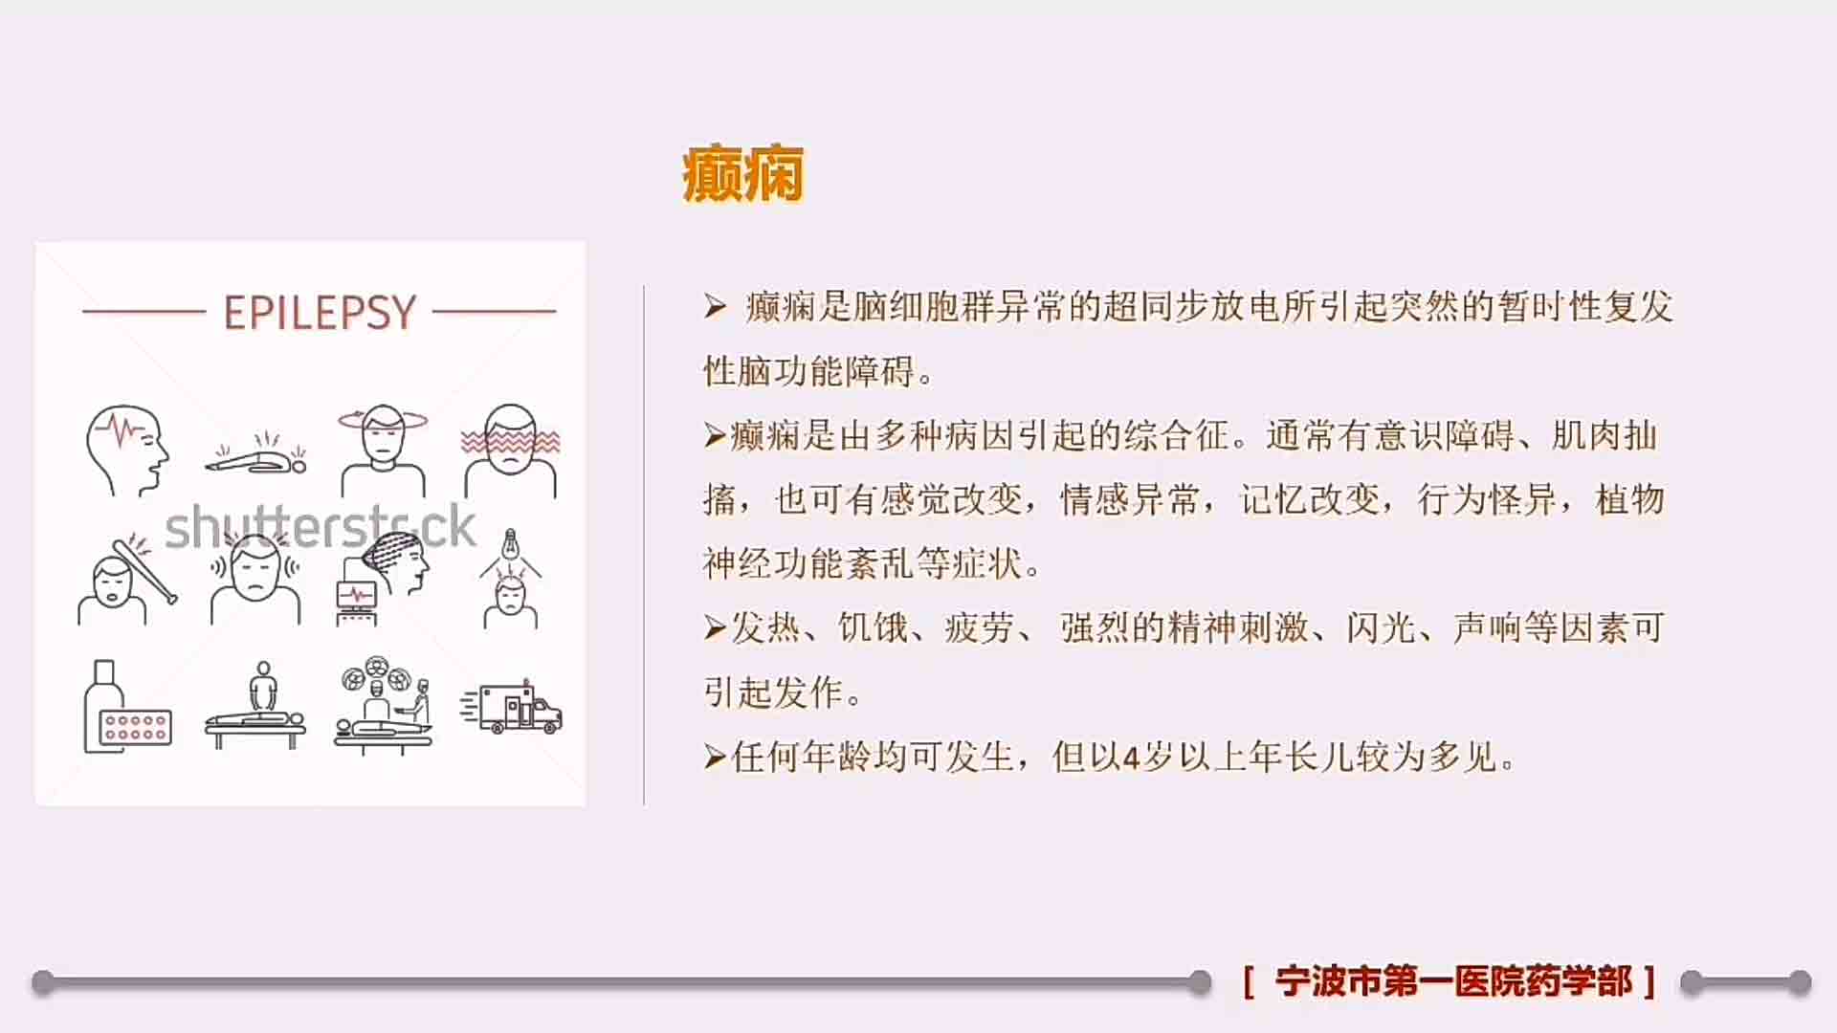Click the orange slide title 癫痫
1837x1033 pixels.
[742, 174]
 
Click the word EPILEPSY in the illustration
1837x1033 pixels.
[320, 312]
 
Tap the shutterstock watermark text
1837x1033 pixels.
[320, 526]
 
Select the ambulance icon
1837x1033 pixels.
[511, 708]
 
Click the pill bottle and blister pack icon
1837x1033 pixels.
[126, 707]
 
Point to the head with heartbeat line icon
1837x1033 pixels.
[126, 451]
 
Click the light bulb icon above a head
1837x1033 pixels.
[511, 580]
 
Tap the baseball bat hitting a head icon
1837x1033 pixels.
[126, 580]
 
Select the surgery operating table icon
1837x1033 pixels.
[383, 706]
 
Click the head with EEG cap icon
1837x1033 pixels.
[383, 580]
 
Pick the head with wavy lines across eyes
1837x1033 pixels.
[511, 451]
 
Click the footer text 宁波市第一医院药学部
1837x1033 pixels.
[1453, 981]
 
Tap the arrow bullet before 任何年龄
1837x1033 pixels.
[715, 758]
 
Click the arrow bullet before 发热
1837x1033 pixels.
[715, 628]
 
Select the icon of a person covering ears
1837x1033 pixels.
[255, 580]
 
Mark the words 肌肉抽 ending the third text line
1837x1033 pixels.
[1604, 435]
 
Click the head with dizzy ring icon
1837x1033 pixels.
[383, 451]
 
